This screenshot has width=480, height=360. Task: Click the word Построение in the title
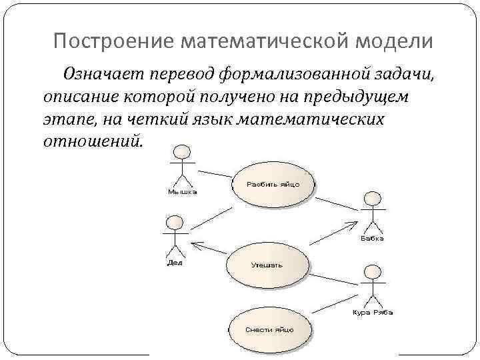click(x=109, y=42)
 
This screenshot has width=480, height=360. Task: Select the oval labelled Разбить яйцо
click(x=273, y=184)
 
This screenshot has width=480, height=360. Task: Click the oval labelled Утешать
click(x=267, y=265)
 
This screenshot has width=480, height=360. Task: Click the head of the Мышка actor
click(x=180, y=151)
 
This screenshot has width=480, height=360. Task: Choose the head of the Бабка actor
click(x=372, y=199)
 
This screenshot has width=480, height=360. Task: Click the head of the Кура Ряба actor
click(x=372, y=271)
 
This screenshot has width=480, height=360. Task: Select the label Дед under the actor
click(x=173, y=262)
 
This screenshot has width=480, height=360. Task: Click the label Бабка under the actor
click(x=372, y=238)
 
